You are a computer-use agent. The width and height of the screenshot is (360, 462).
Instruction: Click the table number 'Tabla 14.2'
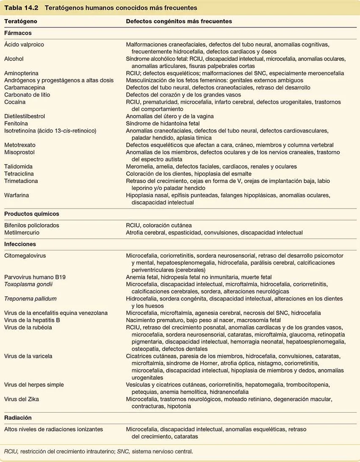tap(21, 8)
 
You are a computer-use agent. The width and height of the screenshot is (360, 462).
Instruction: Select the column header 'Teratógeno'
tap(20, 21)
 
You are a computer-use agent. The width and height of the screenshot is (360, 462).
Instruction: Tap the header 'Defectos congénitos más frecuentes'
tap(179, 21)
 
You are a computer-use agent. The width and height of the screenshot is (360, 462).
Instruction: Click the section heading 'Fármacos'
tap(18, 33)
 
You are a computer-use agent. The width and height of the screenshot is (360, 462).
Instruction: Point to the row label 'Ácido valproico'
tap(24, 45)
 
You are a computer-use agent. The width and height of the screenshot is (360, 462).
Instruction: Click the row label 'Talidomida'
tap(18, 167)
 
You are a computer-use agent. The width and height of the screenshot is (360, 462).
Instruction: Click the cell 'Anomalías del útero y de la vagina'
tap(170, 116)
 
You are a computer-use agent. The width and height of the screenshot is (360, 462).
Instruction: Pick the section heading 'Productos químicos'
tap(32, 214)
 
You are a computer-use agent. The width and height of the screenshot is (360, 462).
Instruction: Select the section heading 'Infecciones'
tap(20, 244)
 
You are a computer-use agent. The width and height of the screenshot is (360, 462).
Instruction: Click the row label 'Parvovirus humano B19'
tap(35, 277)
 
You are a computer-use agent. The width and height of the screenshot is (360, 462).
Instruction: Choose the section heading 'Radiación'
tap(18, 418)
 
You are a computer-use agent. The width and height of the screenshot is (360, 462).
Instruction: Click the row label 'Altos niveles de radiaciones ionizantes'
tap(53, 429)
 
